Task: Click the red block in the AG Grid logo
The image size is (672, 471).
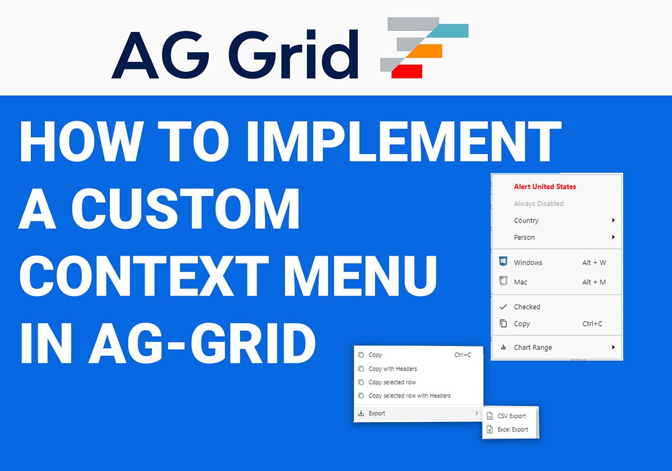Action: [x=407, y=71]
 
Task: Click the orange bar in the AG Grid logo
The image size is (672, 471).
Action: [x=423, y=51]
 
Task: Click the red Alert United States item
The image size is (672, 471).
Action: [x=544, y=187]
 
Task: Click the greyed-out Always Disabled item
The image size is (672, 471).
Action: [x=538, y=204]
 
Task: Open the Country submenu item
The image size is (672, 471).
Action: [x=526, y=220]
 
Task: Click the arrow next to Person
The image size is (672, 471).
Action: [x=613, y=237]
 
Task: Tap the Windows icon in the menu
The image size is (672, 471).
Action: [x=503, y=262]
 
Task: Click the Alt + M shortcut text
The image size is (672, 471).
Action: [x=594, y=282]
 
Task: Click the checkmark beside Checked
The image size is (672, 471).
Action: [x=503, y=307]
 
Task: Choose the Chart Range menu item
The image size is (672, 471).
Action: [x=533, y=347]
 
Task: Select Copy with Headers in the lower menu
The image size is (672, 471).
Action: [x=393, y=369]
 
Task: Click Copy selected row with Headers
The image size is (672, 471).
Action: [x=409, y=396]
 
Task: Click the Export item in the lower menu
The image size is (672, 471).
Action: [x=377, y=413]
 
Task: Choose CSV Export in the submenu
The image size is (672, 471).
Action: [x=511, y=416]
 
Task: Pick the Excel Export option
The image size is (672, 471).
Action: [x=512, y=430]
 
